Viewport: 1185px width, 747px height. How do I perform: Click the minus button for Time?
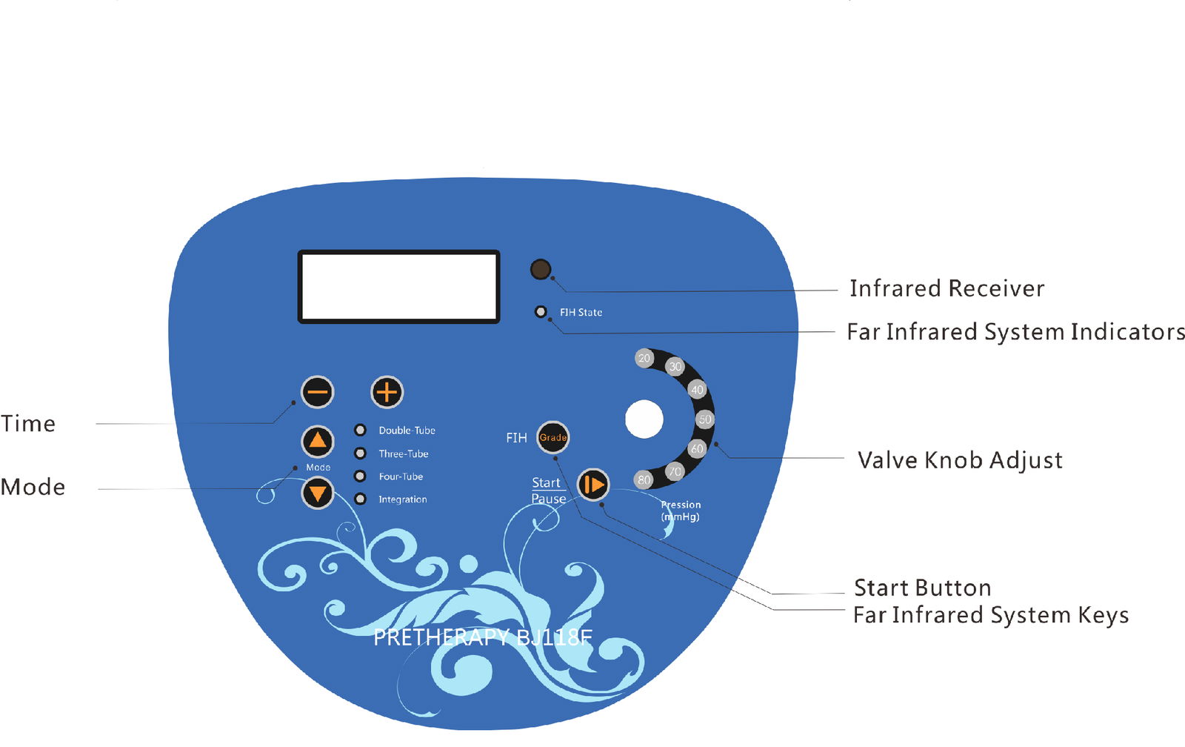(x=318, y=392)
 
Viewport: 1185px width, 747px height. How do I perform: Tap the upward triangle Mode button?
(x=318, y=442)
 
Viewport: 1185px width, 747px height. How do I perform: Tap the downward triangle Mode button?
(x=318, y=492)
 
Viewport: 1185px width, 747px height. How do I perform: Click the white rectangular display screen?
(x=398, y=287)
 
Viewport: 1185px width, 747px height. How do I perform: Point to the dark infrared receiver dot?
(x=541, y=269)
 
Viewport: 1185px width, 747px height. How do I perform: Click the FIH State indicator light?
(x=541, y=312)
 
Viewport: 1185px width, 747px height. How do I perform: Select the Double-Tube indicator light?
(x=361, y=430)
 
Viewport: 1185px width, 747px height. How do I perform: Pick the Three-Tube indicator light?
(x=361, y=454)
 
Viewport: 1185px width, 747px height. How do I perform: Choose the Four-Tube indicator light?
(x=361, y=477)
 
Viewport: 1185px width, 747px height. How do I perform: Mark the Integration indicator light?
(x=361, y=499)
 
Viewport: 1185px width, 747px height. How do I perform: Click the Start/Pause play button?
(x=593, y=485)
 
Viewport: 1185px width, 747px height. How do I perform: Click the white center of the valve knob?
(x=644, y=419)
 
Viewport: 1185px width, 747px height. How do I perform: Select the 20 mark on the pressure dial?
(x=644, y=359)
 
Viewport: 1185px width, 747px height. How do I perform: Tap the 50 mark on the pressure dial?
(x=704, y=419)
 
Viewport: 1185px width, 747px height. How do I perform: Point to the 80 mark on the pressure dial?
(x=644, y=479)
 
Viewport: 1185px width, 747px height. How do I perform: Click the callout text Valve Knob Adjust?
(x=960, y=460)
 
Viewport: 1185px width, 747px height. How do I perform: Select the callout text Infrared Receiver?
(x=947, y=288)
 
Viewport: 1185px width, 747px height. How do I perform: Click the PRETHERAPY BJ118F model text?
(x=483, y=637)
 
